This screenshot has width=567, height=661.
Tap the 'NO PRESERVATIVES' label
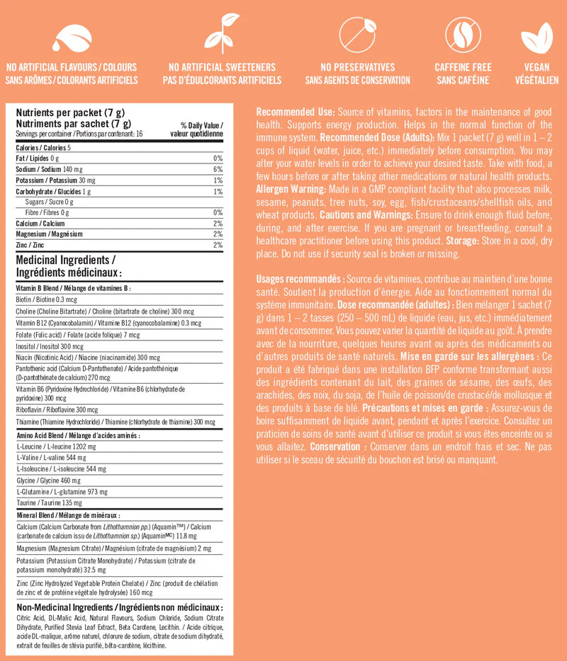coord(357,67)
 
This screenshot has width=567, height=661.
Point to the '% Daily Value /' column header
coord(198,125)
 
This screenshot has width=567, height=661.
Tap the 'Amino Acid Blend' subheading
coord(78,436)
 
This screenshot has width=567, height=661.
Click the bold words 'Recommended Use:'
coord(296,113)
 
